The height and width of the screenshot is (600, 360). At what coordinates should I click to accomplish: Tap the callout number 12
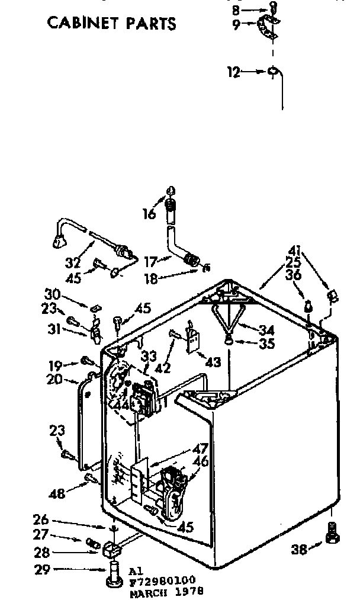(234, 72)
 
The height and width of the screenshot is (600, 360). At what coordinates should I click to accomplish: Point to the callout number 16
(151, 213)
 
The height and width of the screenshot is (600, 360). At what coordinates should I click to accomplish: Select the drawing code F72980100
(162, 582)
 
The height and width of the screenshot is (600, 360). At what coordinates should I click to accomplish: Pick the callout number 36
(293, 276)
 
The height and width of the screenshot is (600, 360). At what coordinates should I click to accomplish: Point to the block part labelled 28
(111, 551)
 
